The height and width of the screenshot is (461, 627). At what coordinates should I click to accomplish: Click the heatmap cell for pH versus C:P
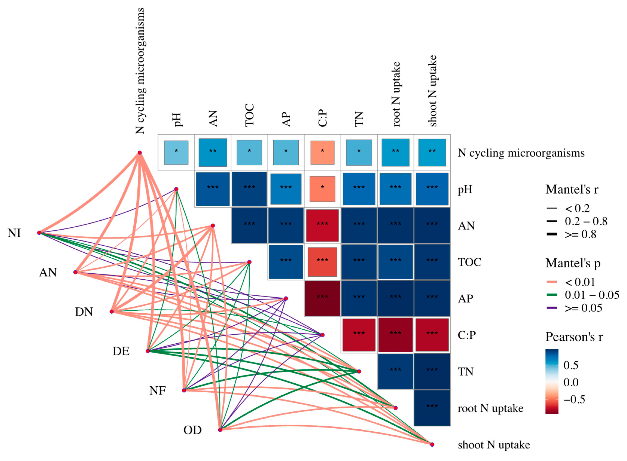point(322,189)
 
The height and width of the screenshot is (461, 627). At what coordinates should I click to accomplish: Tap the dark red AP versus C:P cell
point(322,298)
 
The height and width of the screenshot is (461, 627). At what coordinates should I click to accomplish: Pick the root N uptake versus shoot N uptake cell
point(432,408)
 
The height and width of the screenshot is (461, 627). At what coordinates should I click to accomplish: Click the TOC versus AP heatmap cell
point(286,262)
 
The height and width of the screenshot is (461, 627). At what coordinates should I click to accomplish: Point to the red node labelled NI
point(39,233)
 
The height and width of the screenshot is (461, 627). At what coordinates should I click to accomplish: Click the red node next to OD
point(220,430)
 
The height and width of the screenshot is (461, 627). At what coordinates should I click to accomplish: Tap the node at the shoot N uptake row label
point(432,445)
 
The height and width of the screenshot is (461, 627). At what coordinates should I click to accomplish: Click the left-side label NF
point(158,391)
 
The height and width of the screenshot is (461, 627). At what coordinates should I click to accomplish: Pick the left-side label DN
point(84,312)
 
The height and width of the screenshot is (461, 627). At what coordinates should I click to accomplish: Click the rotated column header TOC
point(249,115)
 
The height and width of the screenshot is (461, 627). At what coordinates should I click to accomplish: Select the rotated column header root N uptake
point(396,94)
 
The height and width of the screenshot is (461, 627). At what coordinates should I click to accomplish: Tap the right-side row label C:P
point(466,335)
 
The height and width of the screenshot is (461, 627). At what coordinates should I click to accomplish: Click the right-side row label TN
point(466,371)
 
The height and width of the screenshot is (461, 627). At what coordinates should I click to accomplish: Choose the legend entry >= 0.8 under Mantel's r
point(580,234)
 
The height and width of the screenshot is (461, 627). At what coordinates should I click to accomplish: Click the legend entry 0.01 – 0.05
point(591,295)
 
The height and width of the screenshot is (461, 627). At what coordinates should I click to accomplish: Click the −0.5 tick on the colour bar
point(574,399)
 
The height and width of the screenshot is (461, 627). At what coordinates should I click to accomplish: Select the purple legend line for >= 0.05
point(552,308)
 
